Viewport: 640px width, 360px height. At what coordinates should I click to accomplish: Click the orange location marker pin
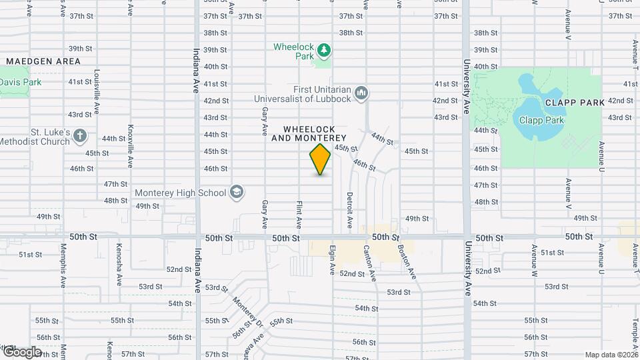point(320,159)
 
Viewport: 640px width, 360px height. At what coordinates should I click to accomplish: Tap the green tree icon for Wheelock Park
point(323,49)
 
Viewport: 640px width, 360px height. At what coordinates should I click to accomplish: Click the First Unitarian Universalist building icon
point(362,92)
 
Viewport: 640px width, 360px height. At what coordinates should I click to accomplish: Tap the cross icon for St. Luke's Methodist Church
point(80,136)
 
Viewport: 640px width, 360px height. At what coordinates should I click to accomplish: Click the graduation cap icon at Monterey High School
point(236,193)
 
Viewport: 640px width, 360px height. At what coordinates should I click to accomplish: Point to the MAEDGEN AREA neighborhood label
point(43,61)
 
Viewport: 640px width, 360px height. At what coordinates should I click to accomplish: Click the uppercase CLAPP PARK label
point(574,103)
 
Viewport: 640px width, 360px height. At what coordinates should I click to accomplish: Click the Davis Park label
point(20,82)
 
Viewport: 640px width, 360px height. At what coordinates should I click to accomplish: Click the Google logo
point(21,352)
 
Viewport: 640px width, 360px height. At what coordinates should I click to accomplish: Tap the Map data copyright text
point(611,355)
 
